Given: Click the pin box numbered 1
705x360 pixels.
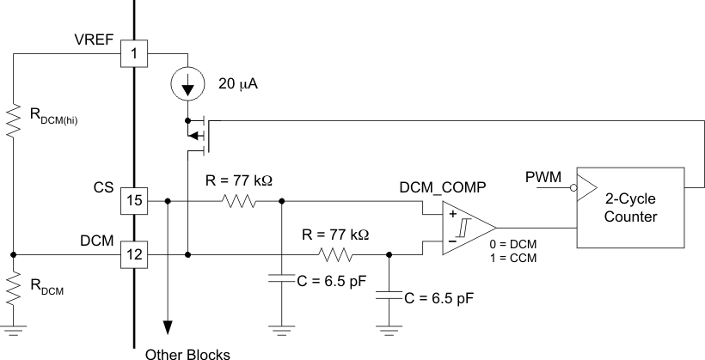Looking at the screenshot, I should click(134, 52).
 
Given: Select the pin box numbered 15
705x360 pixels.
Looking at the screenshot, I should click(134, 200).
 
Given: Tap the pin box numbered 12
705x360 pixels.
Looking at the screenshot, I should click(134, 254).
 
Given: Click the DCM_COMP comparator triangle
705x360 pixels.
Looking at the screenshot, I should click(464, 227).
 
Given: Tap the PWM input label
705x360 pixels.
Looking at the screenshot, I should click(543, 177).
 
